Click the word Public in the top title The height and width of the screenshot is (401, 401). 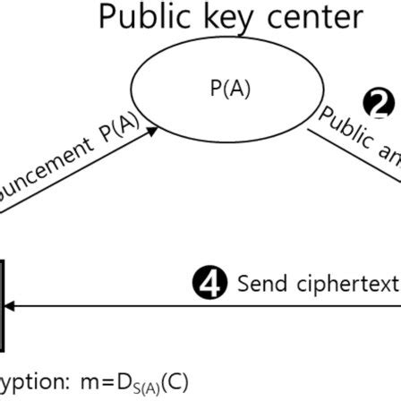(142, 17)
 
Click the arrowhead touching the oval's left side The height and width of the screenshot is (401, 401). (153, 131)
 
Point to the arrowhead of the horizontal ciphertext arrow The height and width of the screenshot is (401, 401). (8, 306)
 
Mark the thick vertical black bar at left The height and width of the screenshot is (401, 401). (3, 304)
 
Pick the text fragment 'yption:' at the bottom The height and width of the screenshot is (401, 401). (32, 382)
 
